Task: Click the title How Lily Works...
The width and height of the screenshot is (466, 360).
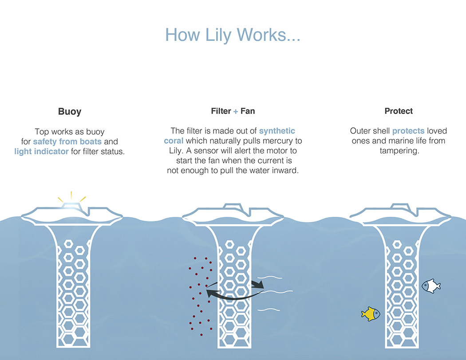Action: pos(233,35)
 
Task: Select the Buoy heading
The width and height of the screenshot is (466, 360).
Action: pos(70,111)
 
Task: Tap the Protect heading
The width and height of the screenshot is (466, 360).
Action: pos(398,111)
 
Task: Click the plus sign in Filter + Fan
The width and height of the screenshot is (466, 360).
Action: pos(235,111)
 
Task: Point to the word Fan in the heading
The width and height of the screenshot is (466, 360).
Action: pos(248,111)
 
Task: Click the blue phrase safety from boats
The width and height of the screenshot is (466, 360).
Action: pos(67,142)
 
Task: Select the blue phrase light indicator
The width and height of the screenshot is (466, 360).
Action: pos(41,152)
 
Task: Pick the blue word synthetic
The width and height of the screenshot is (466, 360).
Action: pos(277,131)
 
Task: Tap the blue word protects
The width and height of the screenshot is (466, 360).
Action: pos(408,131)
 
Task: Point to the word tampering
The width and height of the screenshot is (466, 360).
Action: pos(398,151)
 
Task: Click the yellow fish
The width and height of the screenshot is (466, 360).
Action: pos(371,314)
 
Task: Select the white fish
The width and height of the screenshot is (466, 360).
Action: pos(431,286)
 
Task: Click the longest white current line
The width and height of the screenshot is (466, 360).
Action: pos(278,291)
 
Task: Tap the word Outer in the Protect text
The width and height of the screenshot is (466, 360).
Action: pos(360,131)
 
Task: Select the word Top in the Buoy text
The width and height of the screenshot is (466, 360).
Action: pos(42,132)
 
